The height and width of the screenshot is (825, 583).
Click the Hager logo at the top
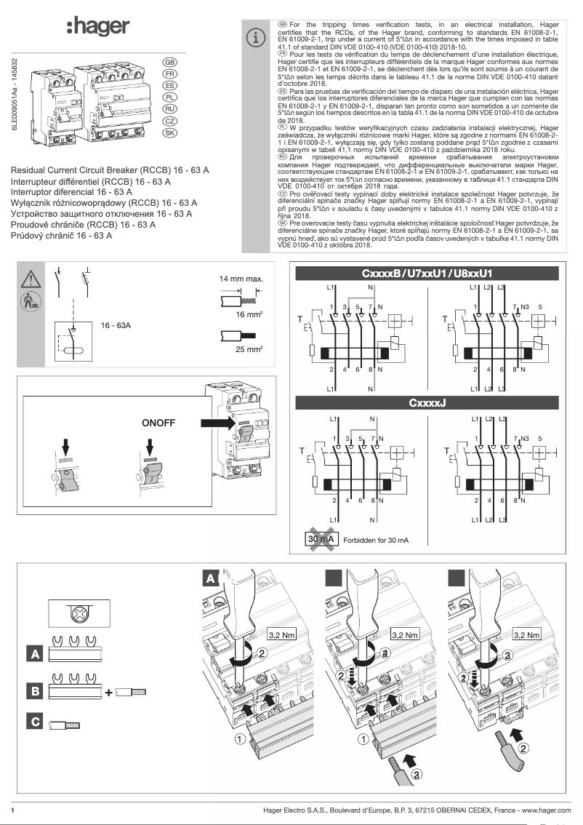(97, 27)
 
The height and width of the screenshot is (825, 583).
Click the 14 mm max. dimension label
(241, 279)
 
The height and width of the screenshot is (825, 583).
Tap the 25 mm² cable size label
(249, 349)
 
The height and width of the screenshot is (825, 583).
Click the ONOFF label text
(158, 422)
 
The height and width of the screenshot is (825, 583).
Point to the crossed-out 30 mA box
(320, 540)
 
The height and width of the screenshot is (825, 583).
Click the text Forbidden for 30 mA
(376, 541)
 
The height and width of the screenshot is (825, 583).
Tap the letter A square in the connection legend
(34, 654)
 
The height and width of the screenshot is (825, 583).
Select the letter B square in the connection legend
(34, 690)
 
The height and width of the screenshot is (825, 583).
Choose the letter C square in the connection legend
(34, 722)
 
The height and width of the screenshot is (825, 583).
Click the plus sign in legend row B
(109, 692)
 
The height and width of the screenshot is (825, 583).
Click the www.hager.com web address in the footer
(546, 810)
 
